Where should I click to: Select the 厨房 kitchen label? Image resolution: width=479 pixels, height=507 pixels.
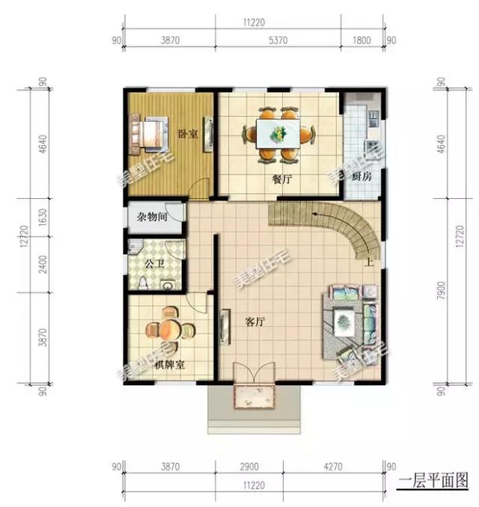361,177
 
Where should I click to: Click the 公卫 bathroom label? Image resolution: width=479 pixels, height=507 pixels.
155,264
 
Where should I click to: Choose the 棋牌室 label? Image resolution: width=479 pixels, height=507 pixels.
170,366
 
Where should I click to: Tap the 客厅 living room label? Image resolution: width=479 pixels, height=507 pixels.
256,322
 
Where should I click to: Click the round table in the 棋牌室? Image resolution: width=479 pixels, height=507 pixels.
168,329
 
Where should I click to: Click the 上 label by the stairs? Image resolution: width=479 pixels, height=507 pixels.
369,262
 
